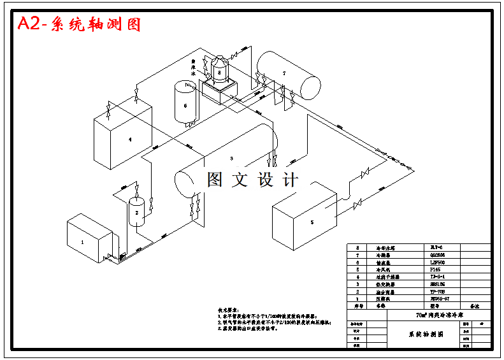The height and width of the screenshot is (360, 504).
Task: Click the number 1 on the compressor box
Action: pos(82,242)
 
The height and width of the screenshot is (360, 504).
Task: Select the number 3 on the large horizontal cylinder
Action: pos(231,157)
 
